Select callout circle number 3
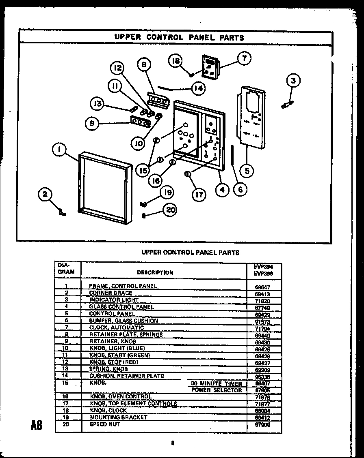click(x=294, y=81)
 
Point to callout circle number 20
click(x=171, y=210)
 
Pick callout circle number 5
click(x=247, y=171)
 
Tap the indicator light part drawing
click(x=287, y=105)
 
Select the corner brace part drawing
click(x=62, y=212)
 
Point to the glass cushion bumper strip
click(x=233, y=155)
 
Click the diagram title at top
click(x=179, y=38)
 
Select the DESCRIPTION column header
click(x=155, y=273)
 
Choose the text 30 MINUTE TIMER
click(x=217, y=383)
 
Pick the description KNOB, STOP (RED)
click(x=114, y=362)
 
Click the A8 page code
click(x=36, y=426)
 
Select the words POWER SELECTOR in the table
click(x=217, y=390)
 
